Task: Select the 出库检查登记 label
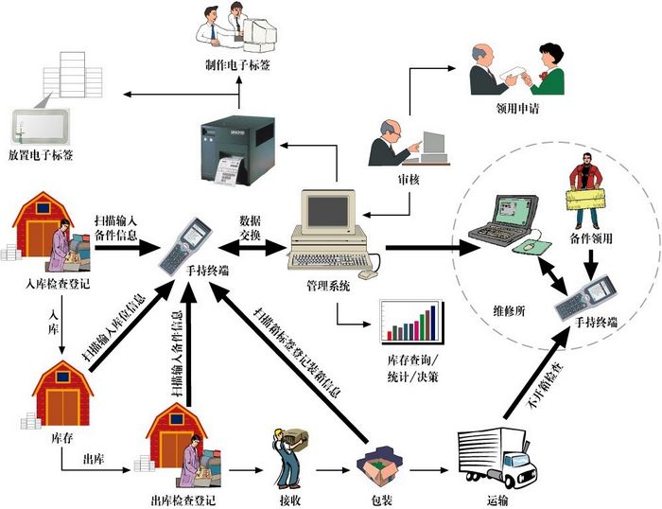click(181, 498)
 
